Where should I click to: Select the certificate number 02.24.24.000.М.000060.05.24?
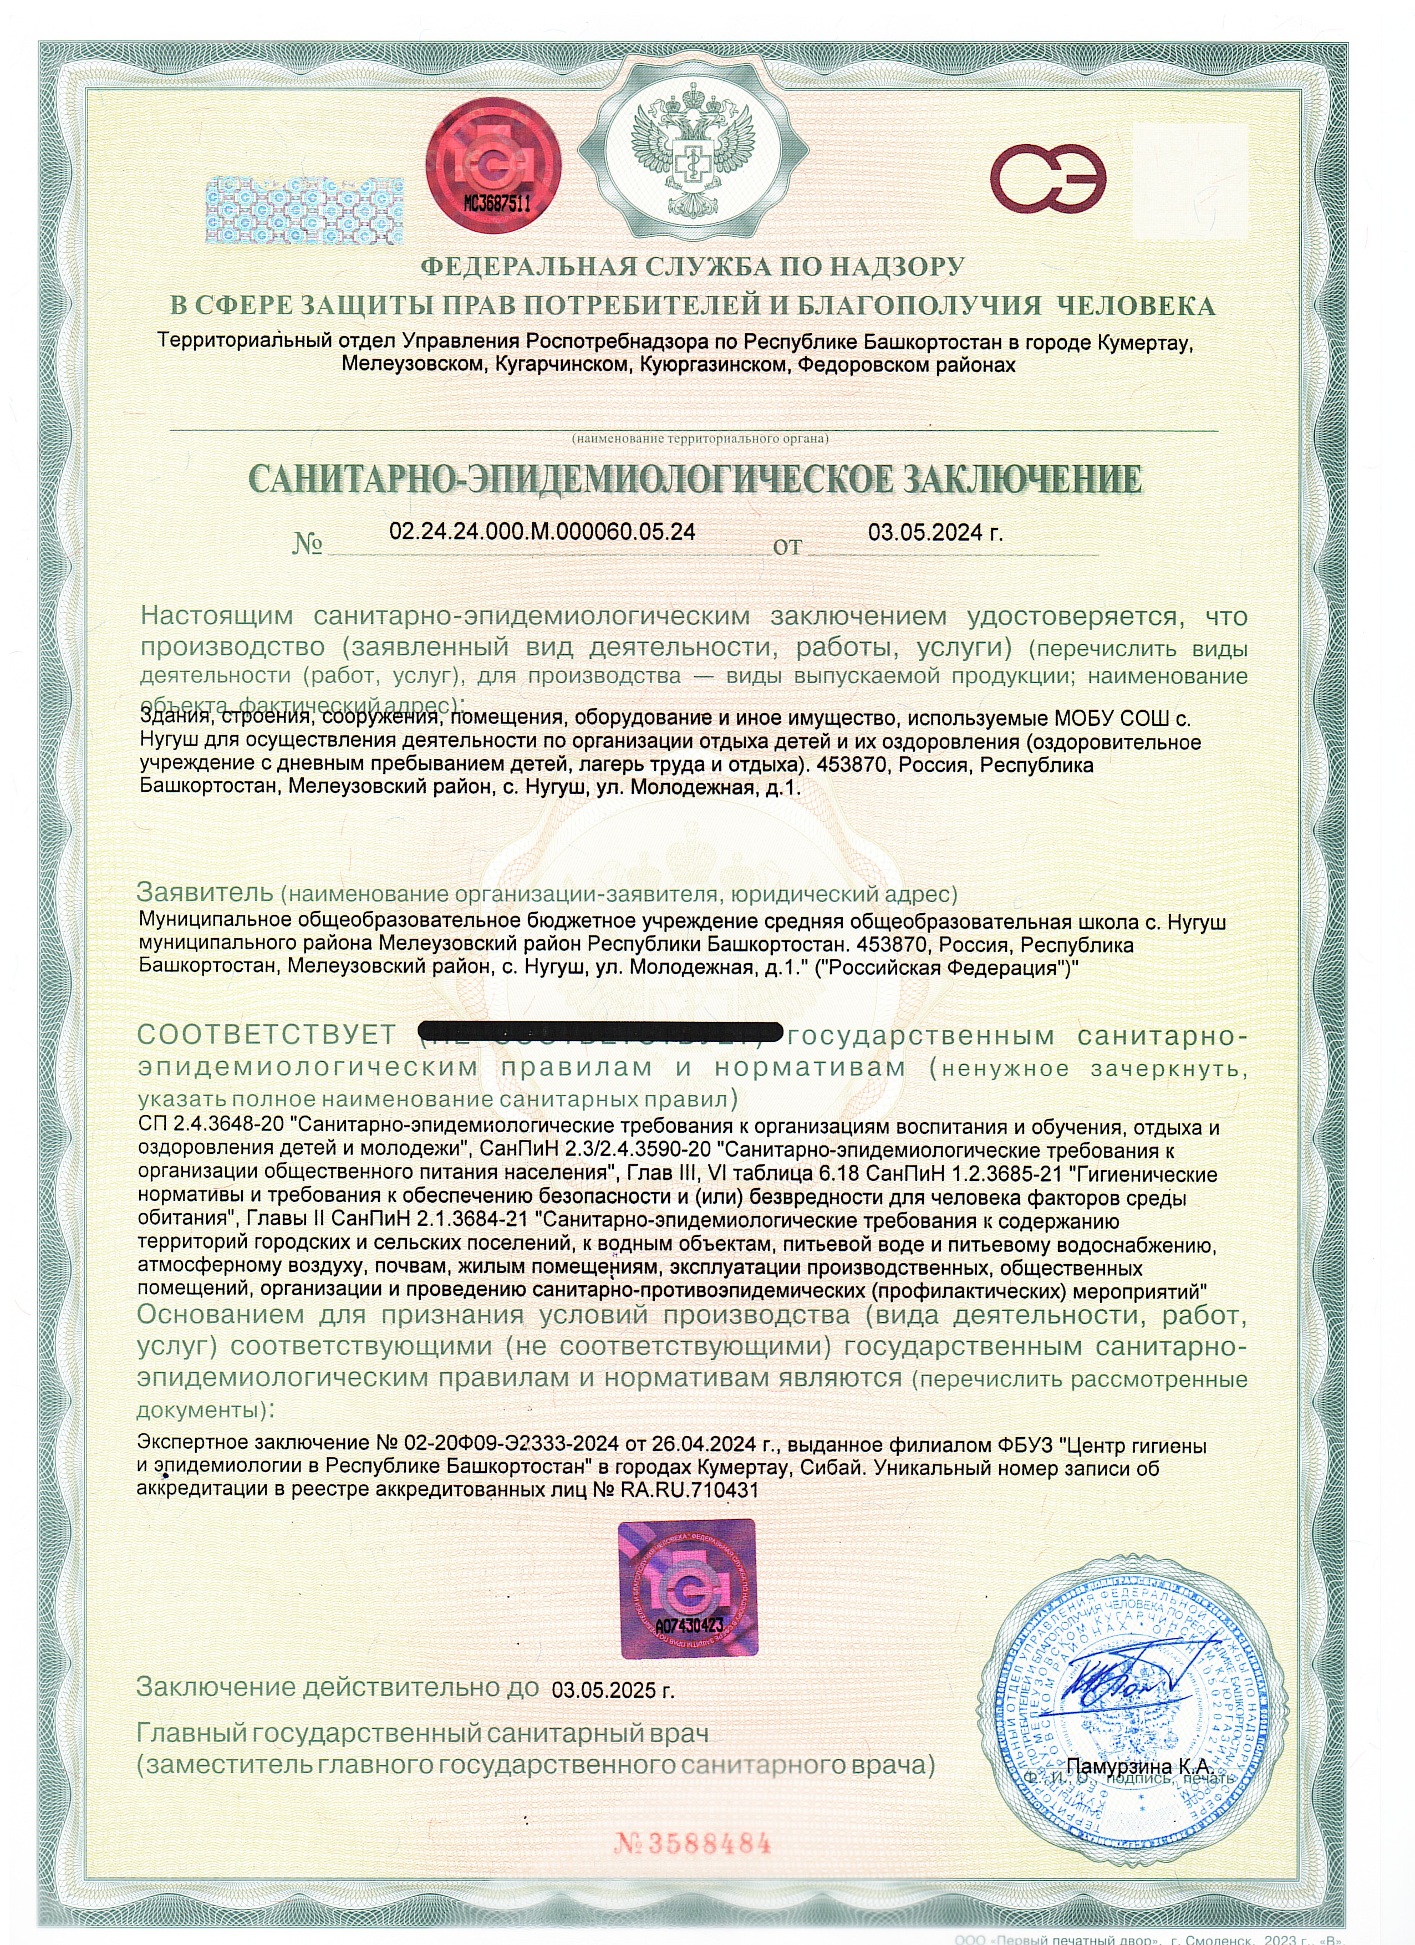tap(542, 532)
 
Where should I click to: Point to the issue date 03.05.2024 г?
tap(935, 533)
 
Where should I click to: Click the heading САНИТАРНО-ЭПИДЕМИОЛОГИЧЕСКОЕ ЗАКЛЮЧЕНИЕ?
tap(695, 480)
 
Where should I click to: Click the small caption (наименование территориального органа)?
tap(700, 438)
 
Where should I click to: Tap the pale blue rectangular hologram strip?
tap(306, 210)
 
